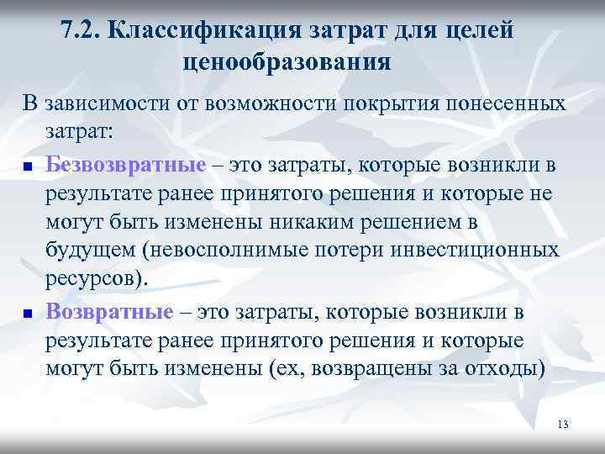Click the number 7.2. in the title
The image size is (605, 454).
pos(82,32)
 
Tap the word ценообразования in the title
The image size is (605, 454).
pos(286,63)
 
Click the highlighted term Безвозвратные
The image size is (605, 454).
pos(126,162)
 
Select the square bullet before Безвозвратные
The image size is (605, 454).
pos(27,165)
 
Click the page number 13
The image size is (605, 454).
pos(563,425)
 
